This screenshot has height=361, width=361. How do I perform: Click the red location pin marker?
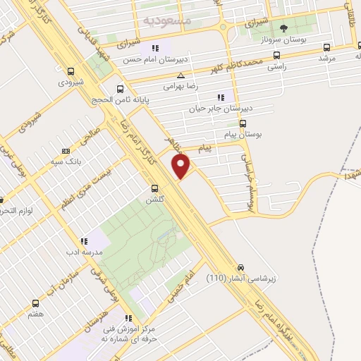pyautogui.click(x=181, y=166)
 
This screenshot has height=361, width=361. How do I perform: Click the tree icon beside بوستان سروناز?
pyautogui.click(x=283, y=29)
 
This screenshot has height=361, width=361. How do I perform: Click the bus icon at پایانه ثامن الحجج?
pyautogui.click(x=120, y=89)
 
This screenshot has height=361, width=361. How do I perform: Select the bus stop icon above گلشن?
pyautogui.click(x=156, y=188)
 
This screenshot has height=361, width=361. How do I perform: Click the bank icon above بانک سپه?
pyautogui.click(x=66, y=151)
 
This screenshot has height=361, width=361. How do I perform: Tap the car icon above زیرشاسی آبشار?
pyautogui.click(x=241, y=268)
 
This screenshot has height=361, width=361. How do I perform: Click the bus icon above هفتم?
pyautogui.click(x=35, y=304)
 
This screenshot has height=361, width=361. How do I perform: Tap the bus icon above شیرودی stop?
pyautogui.click(x=71, y=71)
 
